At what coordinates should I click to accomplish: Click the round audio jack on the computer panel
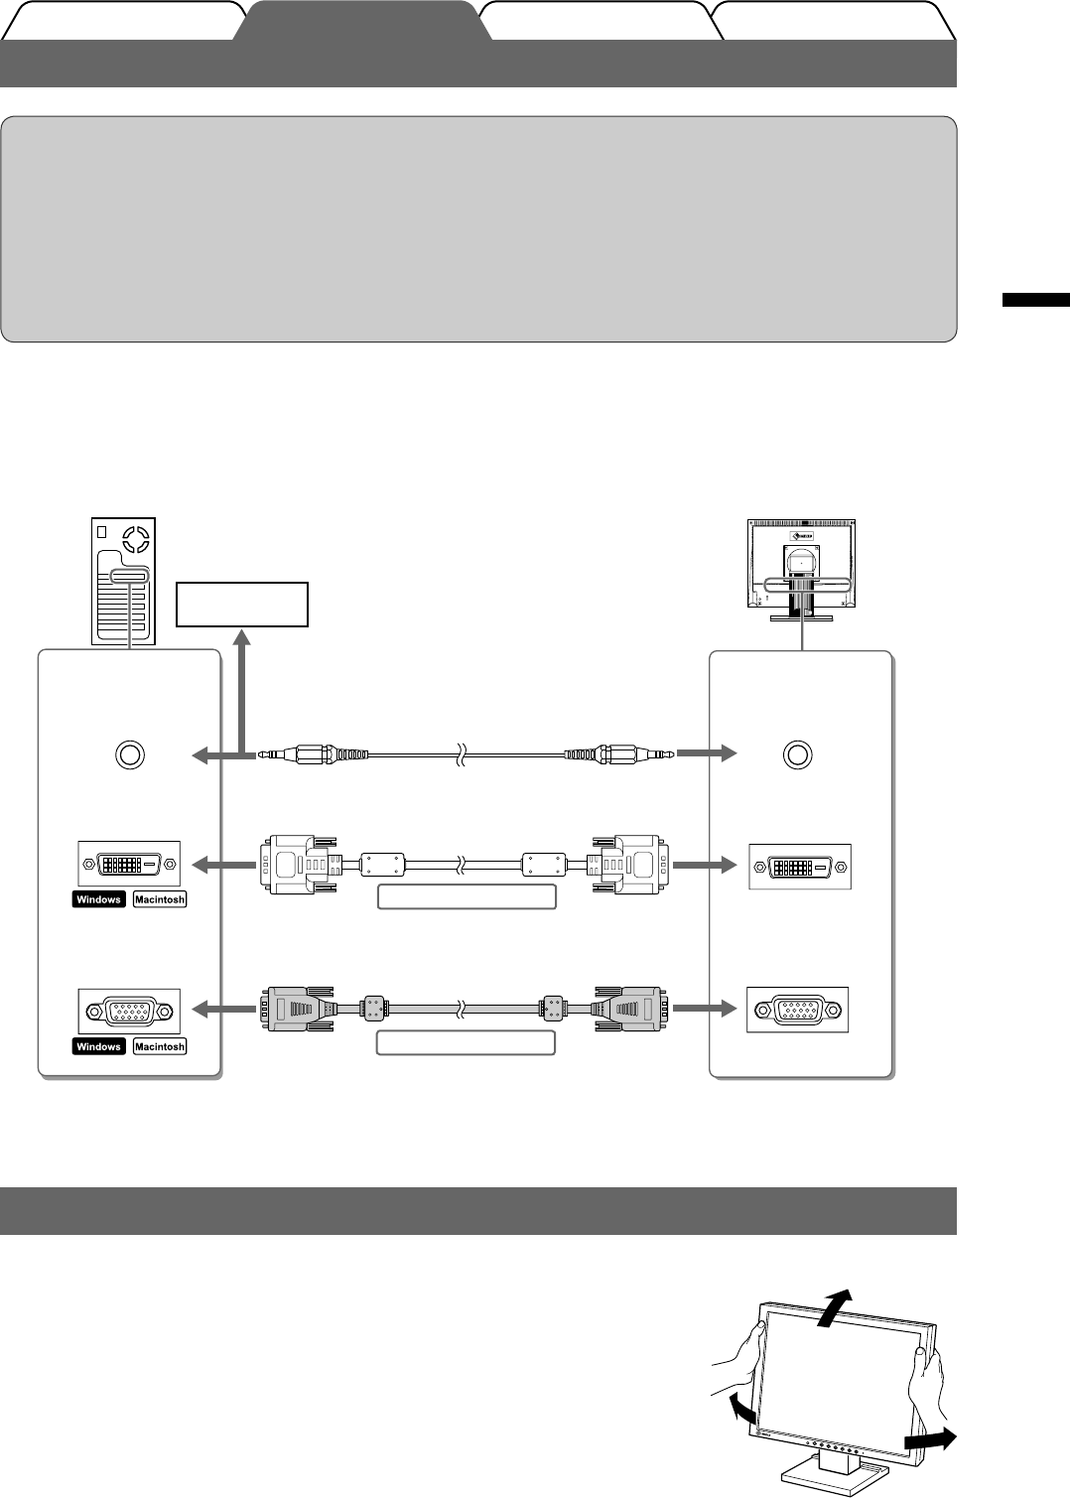coord(129,754)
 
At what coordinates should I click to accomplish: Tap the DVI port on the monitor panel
coord(799,866)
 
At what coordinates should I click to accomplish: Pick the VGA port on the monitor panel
coord(798,1010)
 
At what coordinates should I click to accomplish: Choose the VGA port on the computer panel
coord(129,1012)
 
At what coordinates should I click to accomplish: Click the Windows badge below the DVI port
coord(98,899)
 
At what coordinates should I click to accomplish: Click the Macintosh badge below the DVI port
coord(159,899)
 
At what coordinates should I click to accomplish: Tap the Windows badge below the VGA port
coord(98,1046)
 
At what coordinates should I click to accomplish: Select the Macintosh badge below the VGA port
coord(159,1046)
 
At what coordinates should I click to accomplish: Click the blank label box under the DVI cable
coord(466,897)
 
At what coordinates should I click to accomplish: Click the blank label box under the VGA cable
coord(466,1042)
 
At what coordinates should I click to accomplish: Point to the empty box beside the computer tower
coord(241,605)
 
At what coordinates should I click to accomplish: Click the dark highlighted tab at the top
coord(362,21)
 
